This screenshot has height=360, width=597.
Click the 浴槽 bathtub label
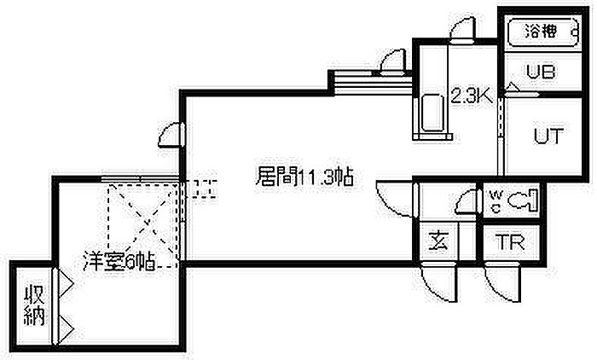pyautogui.click(x=541, y=32)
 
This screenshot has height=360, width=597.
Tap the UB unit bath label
pyautogui.click(x=541, y=72)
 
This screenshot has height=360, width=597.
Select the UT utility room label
pyautogui.click(x=548, y=136)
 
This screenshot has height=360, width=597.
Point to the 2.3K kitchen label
pyautogui.click(x=472, y=96)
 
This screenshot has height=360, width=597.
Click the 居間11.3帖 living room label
pyautogui.click(x=304, y=177)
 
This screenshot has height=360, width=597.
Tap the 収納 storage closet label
pyautogui.click(x=35, y=305)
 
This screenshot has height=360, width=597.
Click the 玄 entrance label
pyautogui.click(x=438, y=241)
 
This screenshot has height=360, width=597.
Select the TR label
pyautogui.click(x=510, y=241)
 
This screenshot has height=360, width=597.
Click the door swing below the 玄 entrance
pyautogui.click(x=438, y=283)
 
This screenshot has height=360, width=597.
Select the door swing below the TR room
pyautogui.click(x=501, y=283)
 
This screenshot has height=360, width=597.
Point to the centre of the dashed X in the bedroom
pyautogui.click(x=142, y=223)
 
